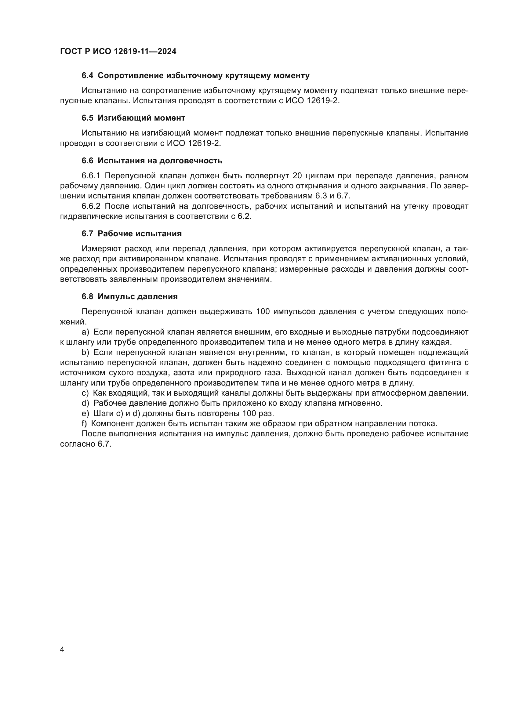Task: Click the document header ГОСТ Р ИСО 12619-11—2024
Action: [x=118, y=51]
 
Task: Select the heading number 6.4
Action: [x=87, y=76]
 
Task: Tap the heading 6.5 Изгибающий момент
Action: [x=133, y=118]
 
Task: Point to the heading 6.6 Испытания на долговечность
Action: [x=152, y=161]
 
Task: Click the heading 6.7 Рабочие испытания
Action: [x=132, y=234]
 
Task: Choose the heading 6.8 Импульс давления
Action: [x=130, y=296]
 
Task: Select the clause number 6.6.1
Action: [x=91, y=176]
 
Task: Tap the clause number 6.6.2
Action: [x=91, y=206]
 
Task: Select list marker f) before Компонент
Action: [x=84, y=424]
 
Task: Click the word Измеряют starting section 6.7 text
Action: [x=101, y=248]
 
